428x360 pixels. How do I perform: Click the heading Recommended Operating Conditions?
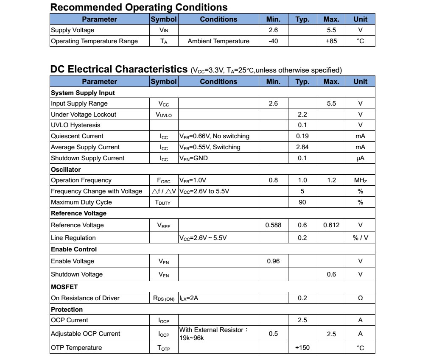pos(139,7)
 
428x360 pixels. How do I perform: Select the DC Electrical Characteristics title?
pos(119,69)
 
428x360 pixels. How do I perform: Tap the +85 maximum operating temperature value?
pos(331,41)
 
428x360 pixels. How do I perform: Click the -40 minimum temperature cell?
pos(273,41)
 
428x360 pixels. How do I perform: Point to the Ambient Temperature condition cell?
pos(218,41)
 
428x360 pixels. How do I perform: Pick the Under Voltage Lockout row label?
pos(84,114)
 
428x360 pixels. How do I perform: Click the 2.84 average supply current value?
pos(302,147)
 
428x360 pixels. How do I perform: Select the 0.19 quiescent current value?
pos(302,136)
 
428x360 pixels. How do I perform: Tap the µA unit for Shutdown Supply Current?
pos(360,158)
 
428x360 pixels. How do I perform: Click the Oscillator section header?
pos(66,169)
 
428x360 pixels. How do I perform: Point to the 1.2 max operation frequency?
pos(331,180)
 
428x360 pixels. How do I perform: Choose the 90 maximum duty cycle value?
pos(302,202)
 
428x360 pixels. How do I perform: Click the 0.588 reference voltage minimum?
pos(273,225)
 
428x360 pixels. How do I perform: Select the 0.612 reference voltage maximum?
pos(331,225)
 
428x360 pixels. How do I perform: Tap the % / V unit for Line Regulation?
pos(360,238)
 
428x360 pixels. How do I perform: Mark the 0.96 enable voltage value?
pos(273,261)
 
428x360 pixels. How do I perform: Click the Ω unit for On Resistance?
pos(360,298)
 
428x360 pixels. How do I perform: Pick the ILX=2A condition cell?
pos(189,298)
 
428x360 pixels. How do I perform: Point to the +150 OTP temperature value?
pos(302,348)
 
